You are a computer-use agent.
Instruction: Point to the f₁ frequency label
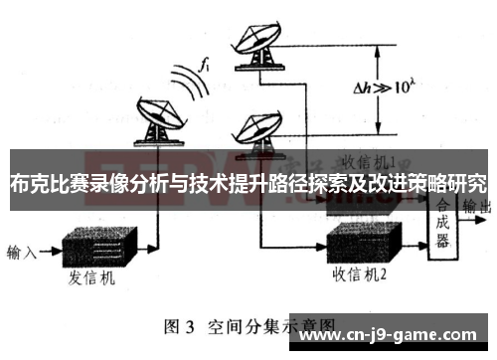[206, 66]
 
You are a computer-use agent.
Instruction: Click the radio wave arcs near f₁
[187, 85]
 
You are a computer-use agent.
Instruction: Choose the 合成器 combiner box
[441, 221]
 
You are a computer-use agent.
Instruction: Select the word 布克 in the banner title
[30, 184]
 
